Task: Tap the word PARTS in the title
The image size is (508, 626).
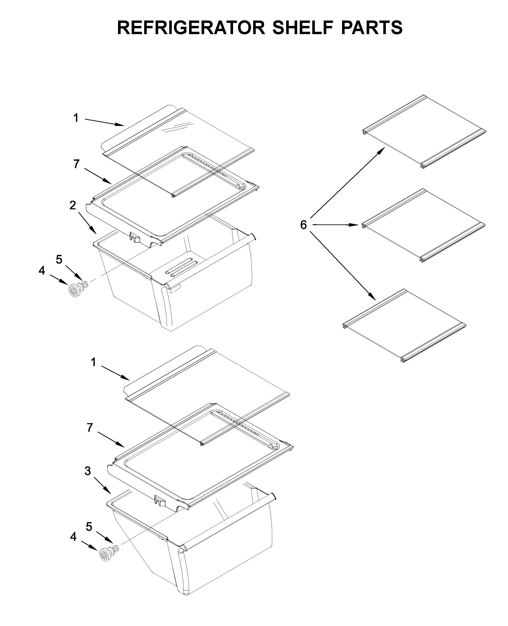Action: (371, 28)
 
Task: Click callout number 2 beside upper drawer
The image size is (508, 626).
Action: (73, 205)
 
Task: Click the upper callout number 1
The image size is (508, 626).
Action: (76, 118)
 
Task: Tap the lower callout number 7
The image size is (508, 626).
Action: (90, 428)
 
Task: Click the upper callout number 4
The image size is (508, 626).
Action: (42, 270)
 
